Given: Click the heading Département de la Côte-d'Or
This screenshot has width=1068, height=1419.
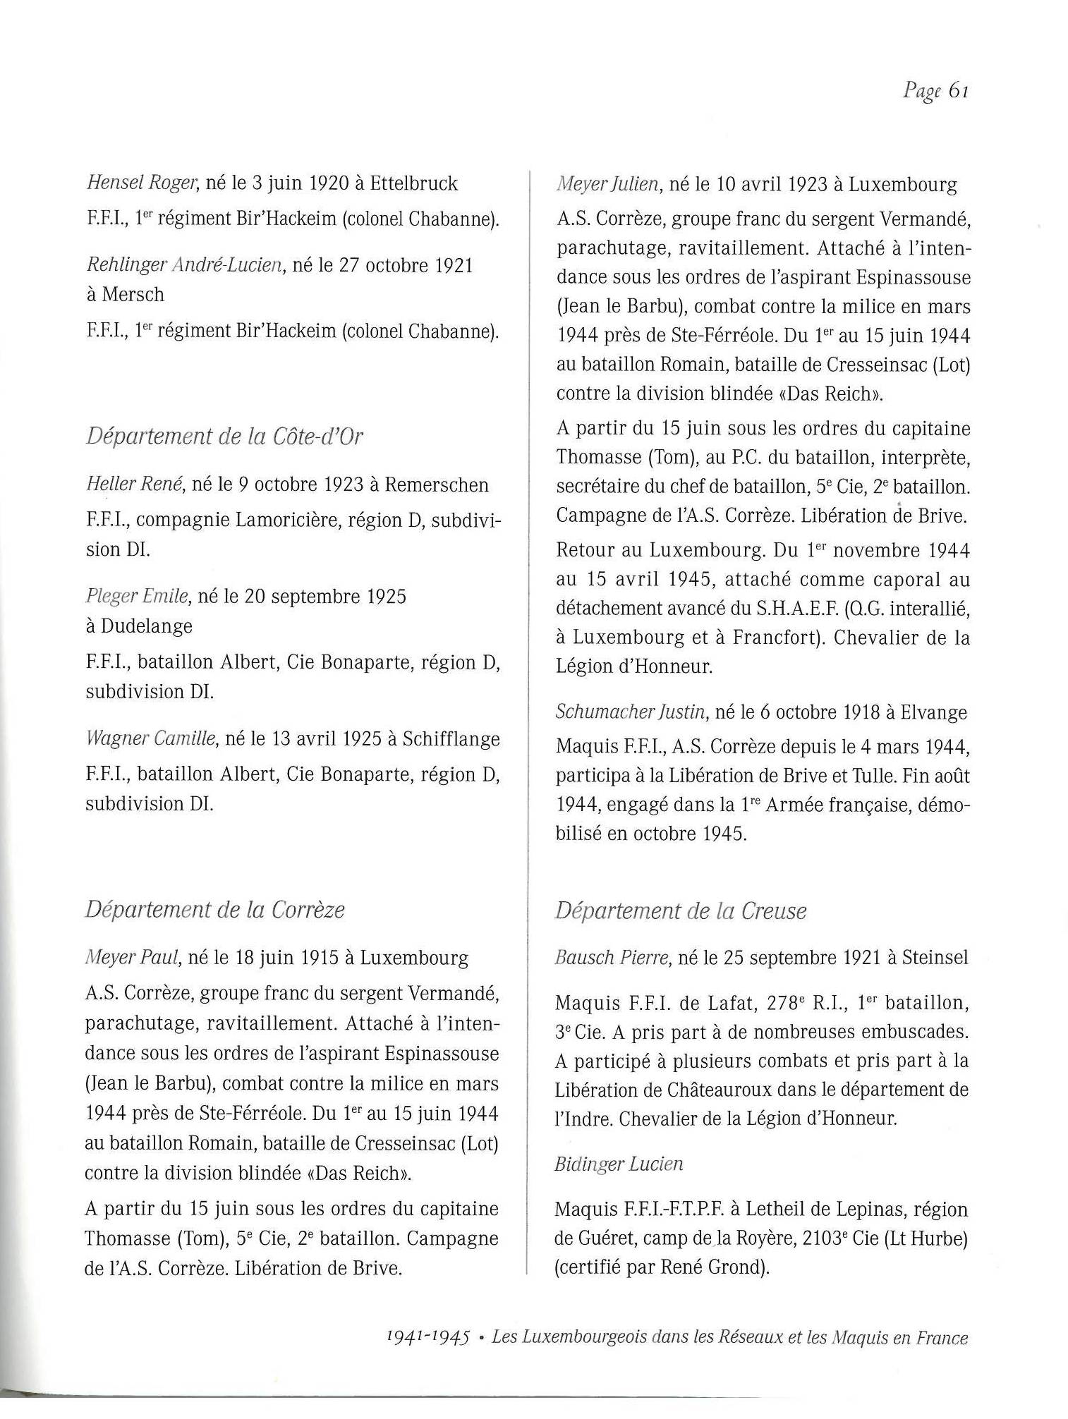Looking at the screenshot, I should [x=224, y=437].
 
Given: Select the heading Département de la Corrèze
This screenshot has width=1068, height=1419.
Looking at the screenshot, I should [x=214, y=909].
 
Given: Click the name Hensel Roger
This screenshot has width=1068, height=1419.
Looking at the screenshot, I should [x=140, y=183].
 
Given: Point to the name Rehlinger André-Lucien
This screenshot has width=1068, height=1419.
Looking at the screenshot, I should [x=183, y=265].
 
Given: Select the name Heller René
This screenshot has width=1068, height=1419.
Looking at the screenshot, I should [x=134, y=485].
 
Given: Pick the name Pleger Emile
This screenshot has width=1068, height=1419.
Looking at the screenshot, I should [x=137, y=597].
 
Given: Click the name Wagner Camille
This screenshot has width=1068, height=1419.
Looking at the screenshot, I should [x=150, y=738].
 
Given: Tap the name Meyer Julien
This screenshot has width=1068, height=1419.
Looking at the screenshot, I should [x=608, y=185].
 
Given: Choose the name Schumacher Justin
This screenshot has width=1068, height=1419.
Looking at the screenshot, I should [x=631, y=712].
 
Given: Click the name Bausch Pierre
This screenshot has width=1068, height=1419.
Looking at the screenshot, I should [x=612, y=957].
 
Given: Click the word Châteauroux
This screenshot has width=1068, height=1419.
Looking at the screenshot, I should [x=712, y=1090].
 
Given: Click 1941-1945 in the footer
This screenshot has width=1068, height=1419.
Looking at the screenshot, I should [x=428, y=1337].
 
